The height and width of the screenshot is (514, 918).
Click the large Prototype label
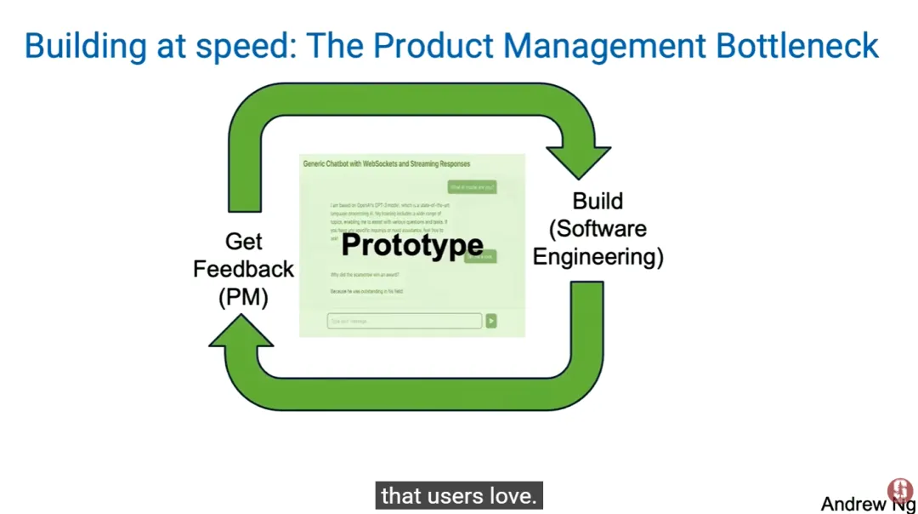point(412,246)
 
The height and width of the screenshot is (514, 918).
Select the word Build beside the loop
point(598,202)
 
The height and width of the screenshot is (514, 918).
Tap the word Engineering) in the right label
point(598,256)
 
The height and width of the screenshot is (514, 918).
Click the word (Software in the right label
point(598,229)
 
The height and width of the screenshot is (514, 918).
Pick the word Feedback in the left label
point(243,269)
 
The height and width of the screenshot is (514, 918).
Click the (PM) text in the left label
point(243,296)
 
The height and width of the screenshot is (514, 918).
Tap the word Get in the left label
point(243,242)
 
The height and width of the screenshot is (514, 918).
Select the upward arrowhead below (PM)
point(241,334)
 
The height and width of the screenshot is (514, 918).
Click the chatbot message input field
point(405,321)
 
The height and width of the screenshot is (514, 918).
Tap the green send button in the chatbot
point(491,321)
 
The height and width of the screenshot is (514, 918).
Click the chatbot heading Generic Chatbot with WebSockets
point(387,163)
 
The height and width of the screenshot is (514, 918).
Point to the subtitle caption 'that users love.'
point(459,495)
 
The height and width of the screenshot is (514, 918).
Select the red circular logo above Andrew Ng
point(899,489)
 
